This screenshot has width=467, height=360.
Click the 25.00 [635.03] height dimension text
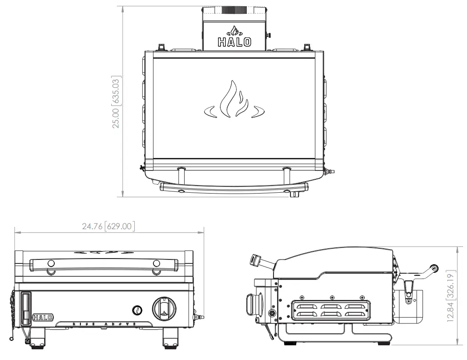(117, 102)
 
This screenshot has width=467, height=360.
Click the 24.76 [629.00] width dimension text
(108, 226)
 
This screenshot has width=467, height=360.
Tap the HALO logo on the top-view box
(234, 42)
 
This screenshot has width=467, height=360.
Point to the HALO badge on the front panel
(43, 317)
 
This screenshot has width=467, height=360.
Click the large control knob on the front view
(164, 307)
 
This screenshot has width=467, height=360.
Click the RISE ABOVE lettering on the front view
(104, 324)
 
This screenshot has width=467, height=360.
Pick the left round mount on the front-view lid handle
(51, 263)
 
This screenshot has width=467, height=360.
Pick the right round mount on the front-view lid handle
(156, 263)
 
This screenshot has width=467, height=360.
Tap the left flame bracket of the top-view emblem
(210, 112)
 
